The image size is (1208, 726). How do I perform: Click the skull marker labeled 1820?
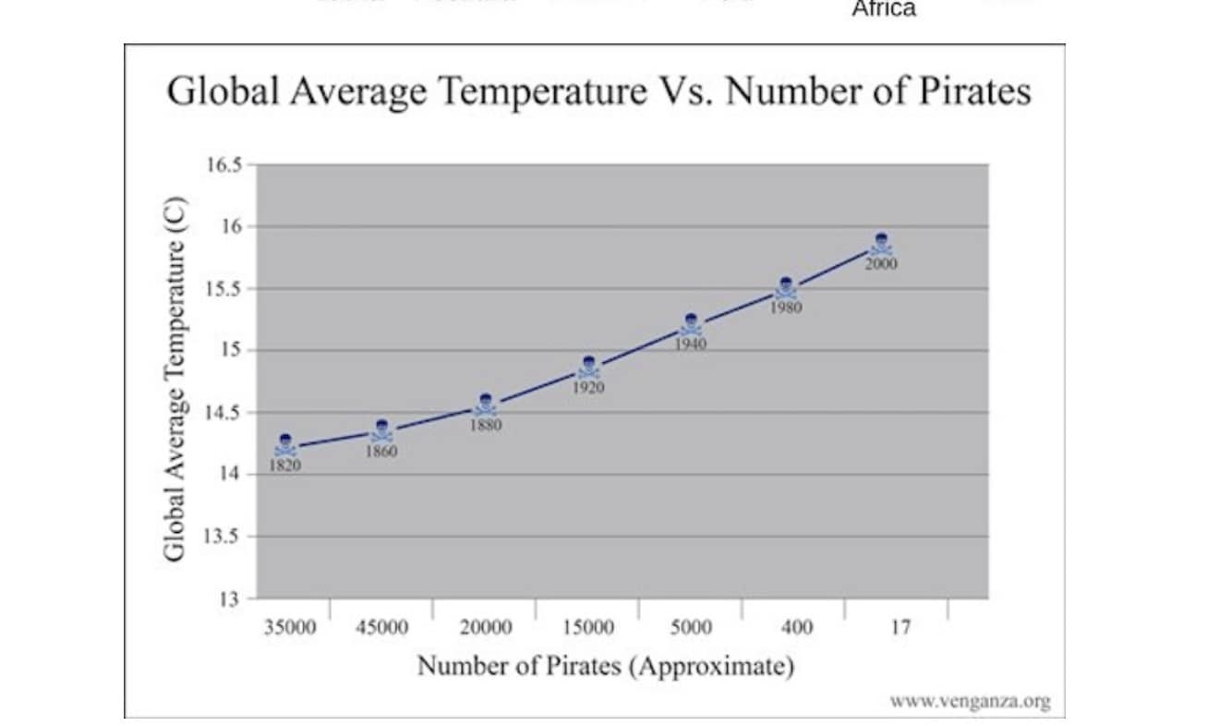pyautogui.click(x=285, y=445)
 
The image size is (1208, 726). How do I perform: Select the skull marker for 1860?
pyautogui.click(x=381, y=430)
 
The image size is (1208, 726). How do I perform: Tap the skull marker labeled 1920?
pyautogui.click(x=588, y=368)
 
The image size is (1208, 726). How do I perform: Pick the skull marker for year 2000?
pyautogui.click(x=881, y=244)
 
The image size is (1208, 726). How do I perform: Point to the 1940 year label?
pyautogui.click(x=690, y=345)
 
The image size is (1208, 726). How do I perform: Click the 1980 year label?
pyautogui.click(x=786, y=309)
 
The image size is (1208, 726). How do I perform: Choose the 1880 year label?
pyautogui.click(x=486, y=426)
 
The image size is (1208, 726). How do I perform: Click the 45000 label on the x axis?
pyautogui.click(x=381, y=628)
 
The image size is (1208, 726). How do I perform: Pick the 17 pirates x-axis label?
pyautogui.click(x=900, y=628)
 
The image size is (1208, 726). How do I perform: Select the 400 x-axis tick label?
pyautogui.click(x=795, y=628)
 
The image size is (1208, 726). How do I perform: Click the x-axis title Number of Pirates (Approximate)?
pyautogui.click(x=605, y=666)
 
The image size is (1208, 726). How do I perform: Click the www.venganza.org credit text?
pyautogui.click(x=970, y=701)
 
